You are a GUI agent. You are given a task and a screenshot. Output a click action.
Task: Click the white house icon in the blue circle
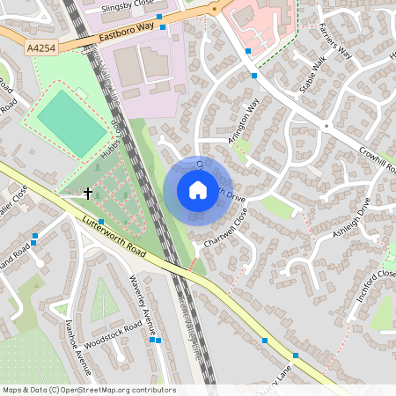point(198,190)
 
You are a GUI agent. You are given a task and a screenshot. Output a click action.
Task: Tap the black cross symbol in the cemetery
point(87,192)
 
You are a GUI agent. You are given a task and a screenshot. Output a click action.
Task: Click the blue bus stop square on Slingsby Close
point(160,17)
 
